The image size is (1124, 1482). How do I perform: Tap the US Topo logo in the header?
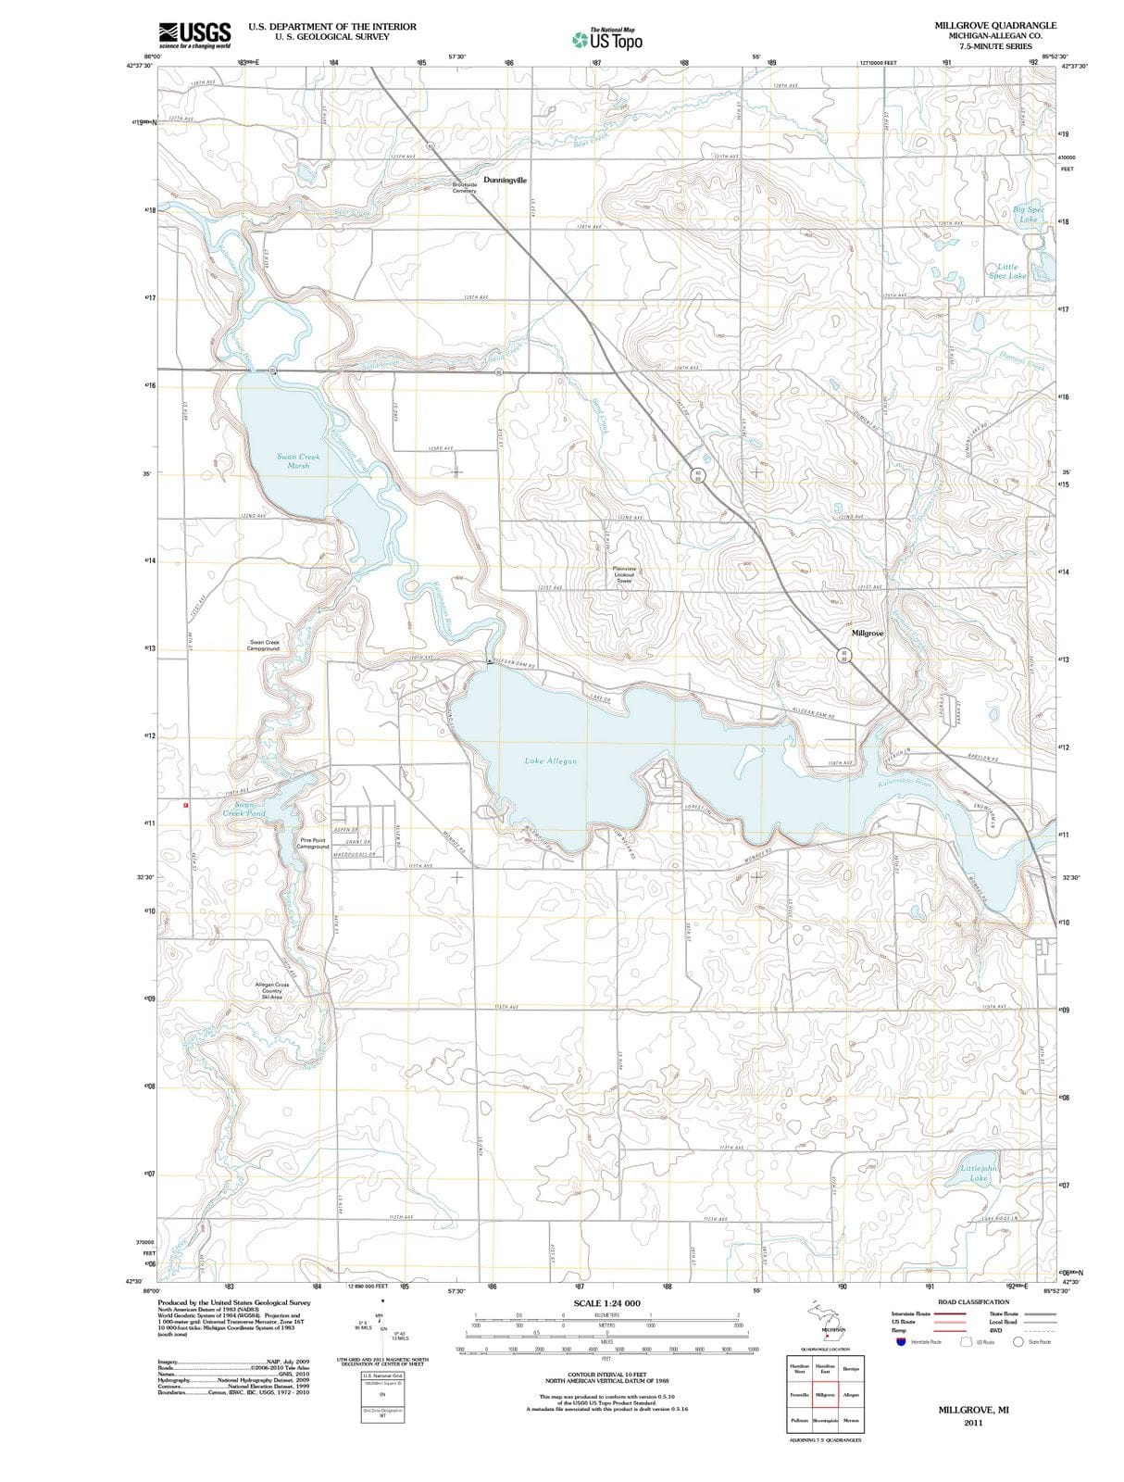pos(607,39)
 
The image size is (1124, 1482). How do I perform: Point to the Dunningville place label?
pos(505,180)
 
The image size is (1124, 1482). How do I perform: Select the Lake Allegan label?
pos(550,760)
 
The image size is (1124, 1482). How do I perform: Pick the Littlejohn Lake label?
pos(980,1173)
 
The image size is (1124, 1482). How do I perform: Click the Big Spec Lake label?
pos(1028,214)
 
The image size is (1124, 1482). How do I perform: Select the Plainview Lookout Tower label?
pos(624,574)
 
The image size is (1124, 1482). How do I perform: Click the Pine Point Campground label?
pos(312,844)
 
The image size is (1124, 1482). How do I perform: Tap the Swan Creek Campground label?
pos(263,645)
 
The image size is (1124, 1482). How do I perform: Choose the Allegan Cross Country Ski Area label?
pos(271,990)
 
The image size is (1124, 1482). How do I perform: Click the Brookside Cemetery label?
pos(464,187)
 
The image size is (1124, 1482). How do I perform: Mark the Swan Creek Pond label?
pos(244,809)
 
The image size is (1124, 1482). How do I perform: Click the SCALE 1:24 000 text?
pos(606,1303)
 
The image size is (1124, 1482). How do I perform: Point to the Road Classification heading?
pos(973,1301)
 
